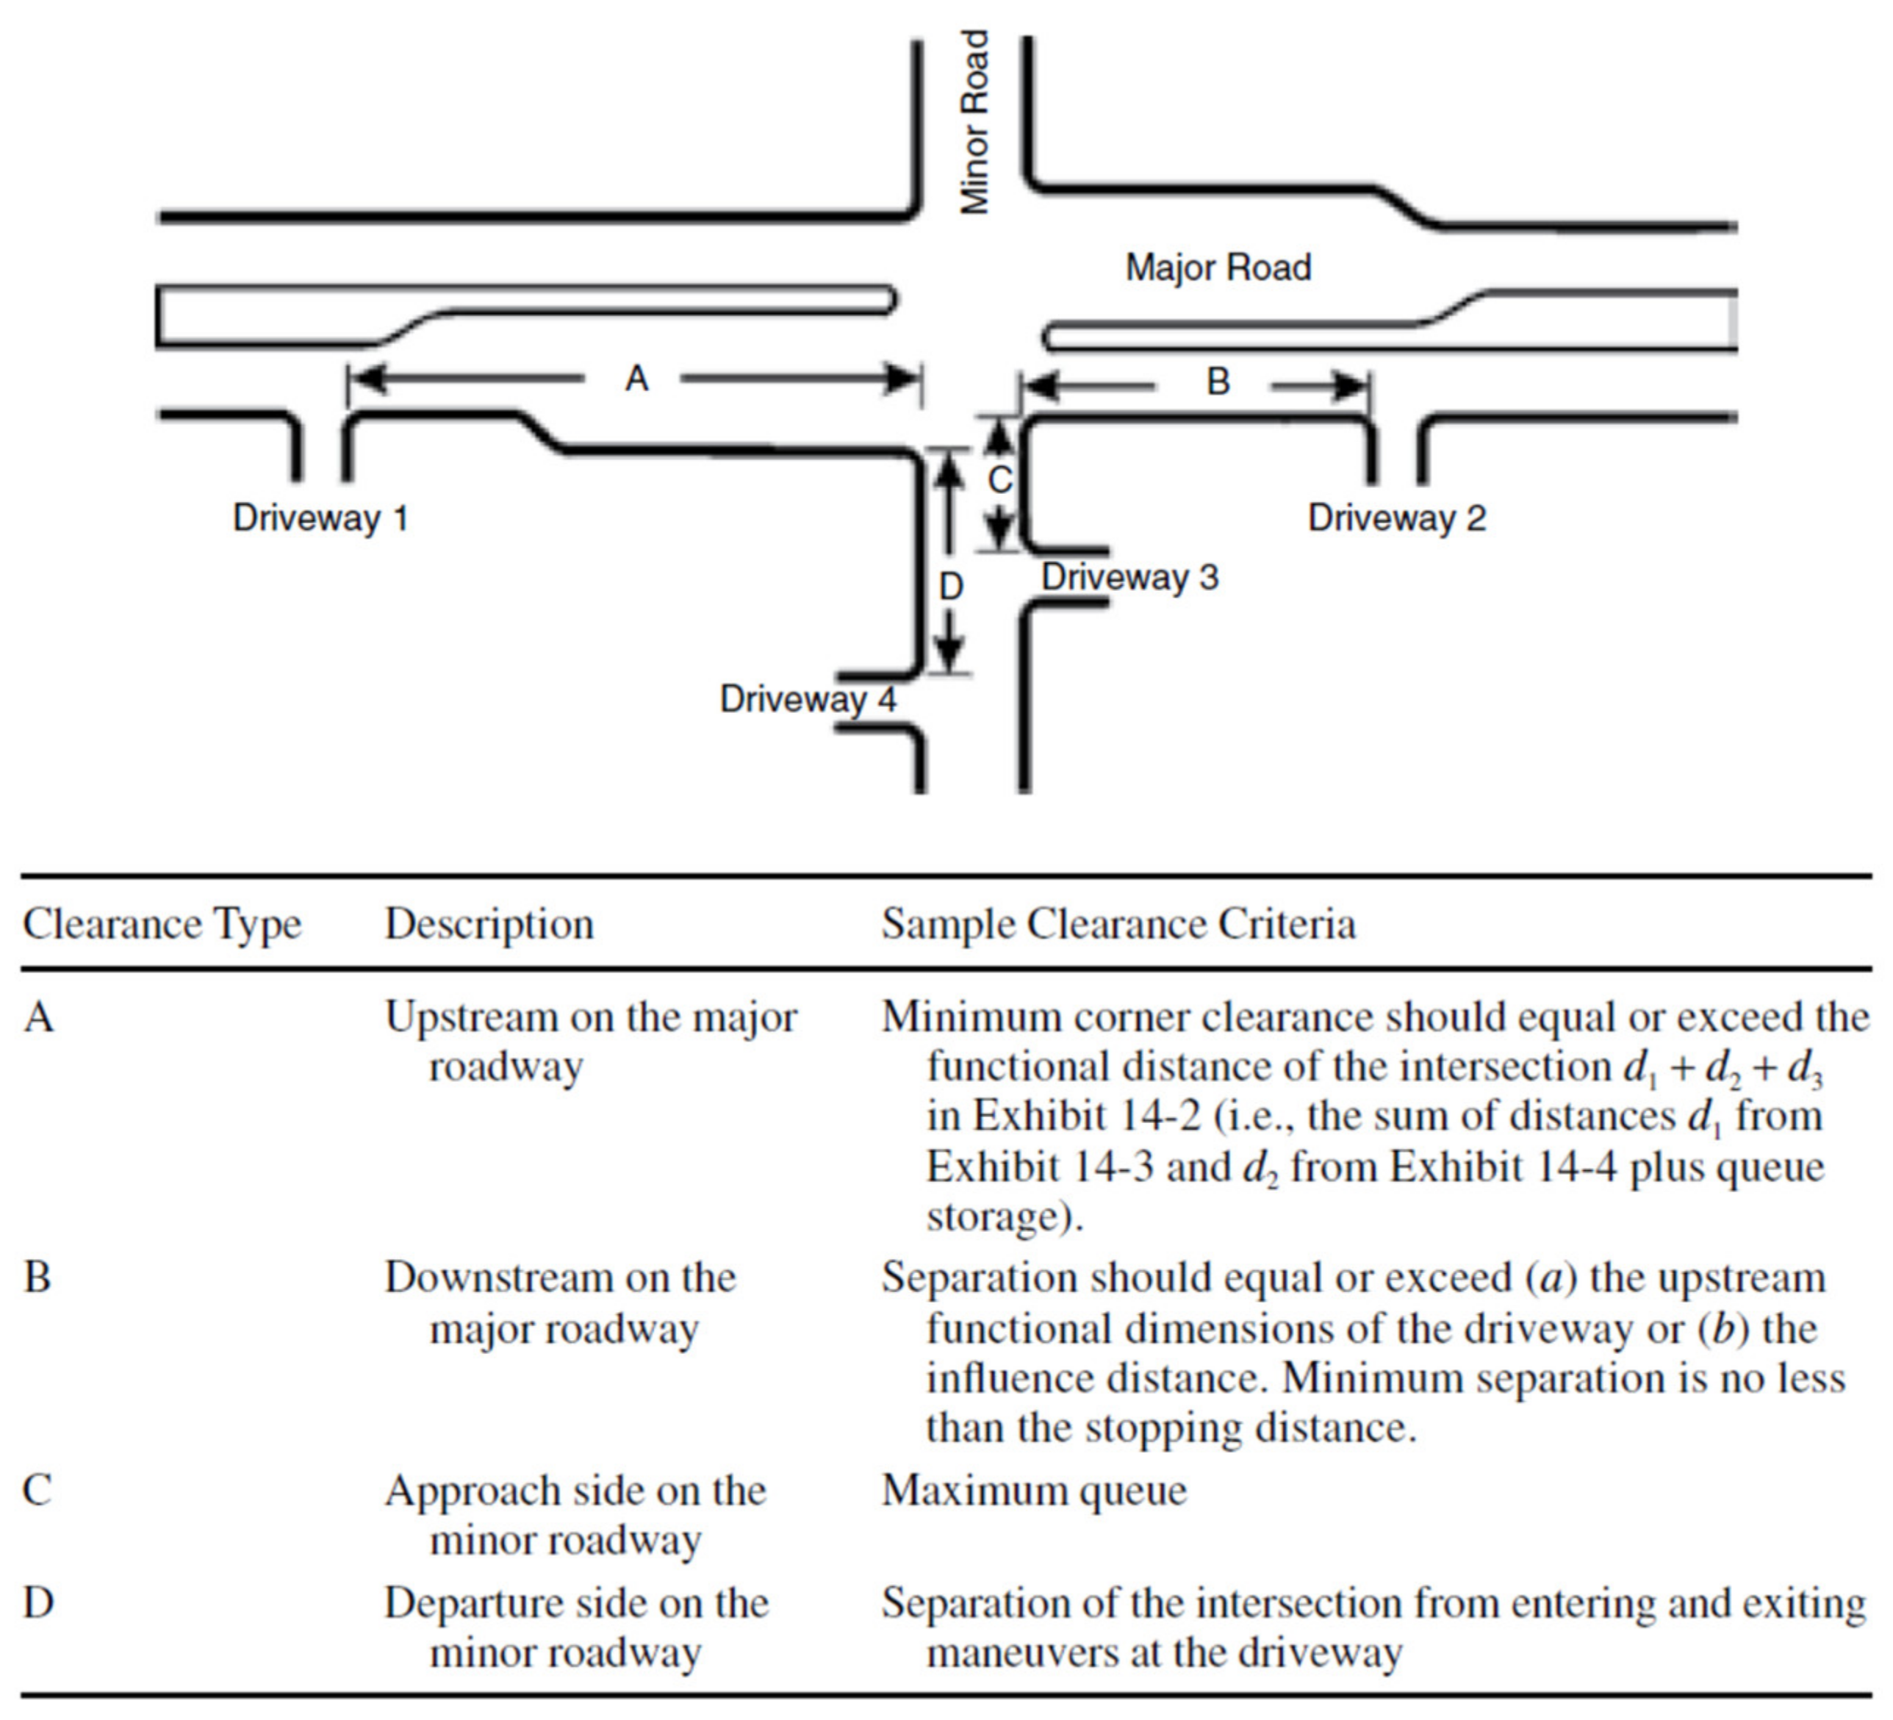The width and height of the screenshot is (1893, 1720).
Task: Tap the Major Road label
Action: click(x=1218, y=268)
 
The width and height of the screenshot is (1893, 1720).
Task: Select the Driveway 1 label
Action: click(x=320, y=518)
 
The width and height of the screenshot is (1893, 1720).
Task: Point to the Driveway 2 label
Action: click(x=1396, y=518)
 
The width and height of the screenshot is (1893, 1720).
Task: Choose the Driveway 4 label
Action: click(x=808, y=699)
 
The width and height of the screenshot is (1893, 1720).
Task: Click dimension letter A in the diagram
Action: click(x=636, y=379)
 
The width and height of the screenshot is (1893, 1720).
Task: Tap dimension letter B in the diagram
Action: click(x=1217, y=382)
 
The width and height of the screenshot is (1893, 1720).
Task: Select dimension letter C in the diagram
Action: click(x=1000, y=480)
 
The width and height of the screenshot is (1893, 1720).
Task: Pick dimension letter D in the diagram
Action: click(x=951, y=587)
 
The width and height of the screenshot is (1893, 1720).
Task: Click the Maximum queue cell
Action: click(x=1034, y=1491)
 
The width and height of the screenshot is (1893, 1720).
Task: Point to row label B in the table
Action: click(x=37, y=1278)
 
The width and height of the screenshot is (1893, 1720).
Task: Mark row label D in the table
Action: click(x=37, y=1602)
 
